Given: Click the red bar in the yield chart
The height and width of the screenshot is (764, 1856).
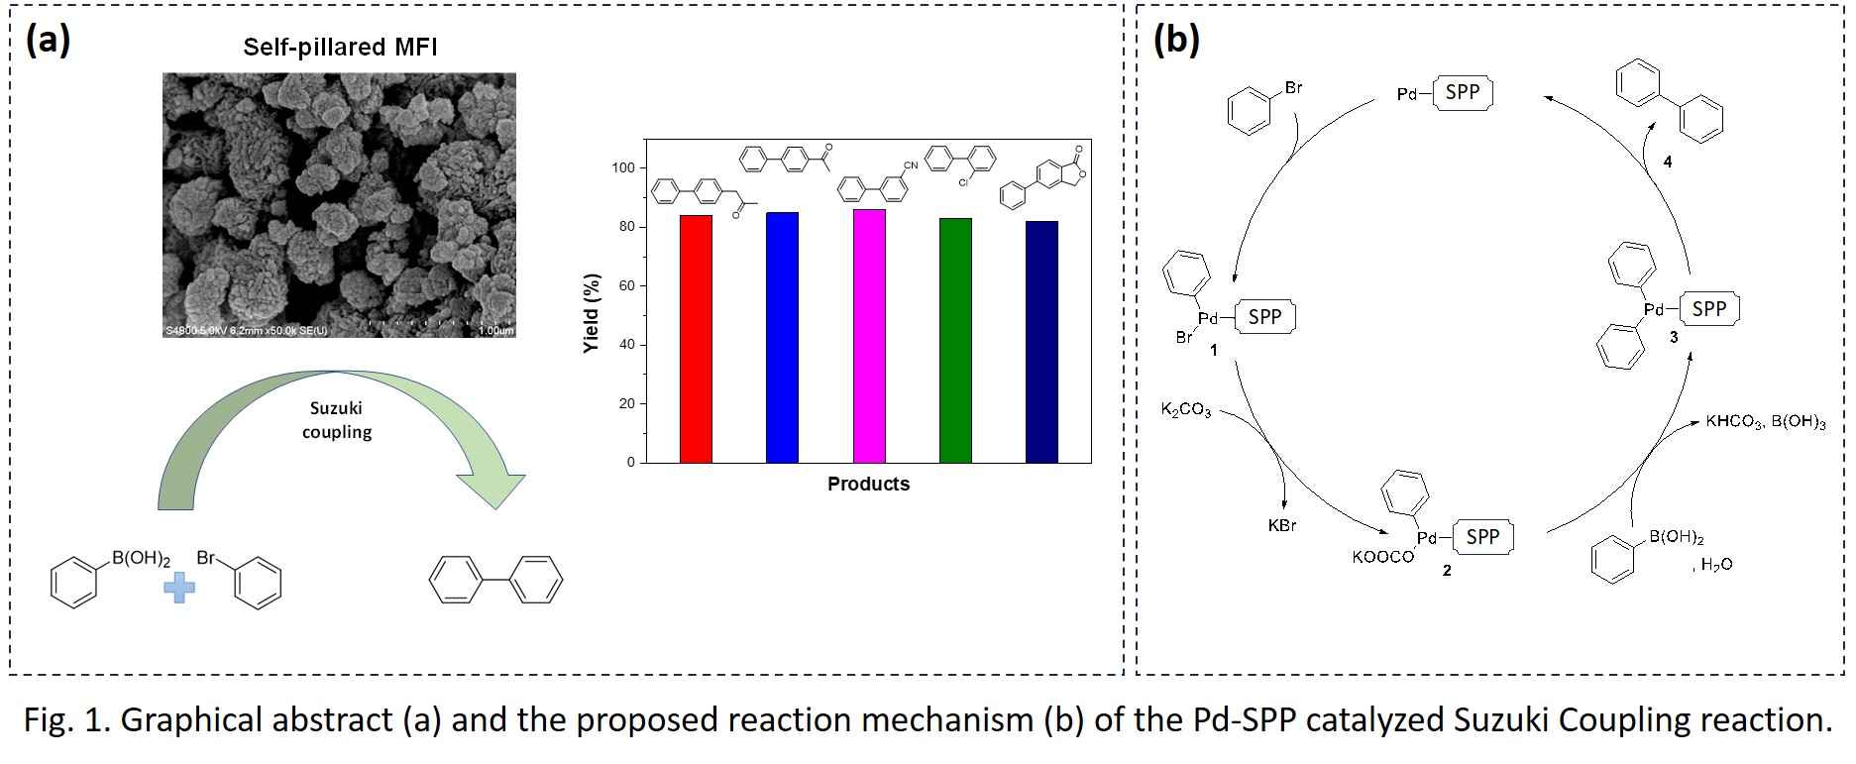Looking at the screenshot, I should pos(696,339).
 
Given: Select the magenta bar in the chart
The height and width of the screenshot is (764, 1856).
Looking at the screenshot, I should pos(869,336).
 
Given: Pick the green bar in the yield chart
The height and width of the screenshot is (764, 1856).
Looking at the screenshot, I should pos(955,340).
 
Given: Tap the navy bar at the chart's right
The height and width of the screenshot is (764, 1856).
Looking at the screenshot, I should pos(1041,342).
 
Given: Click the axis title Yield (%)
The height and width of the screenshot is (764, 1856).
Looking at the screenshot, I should pos(592,313).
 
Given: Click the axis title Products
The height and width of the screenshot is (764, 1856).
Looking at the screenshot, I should pos(868,485).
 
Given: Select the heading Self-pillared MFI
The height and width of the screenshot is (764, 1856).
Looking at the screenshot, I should pos(340,47).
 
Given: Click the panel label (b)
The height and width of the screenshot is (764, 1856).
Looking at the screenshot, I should pos(1176,40).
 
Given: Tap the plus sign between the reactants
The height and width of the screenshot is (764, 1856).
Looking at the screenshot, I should pos(179,588).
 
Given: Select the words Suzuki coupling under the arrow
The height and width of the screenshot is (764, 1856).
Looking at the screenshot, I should pos(337,420).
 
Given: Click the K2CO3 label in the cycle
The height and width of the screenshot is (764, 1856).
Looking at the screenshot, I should pos(1186,409).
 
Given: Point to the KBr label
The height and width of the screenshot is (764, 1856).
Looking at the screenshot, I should pos(1282,525).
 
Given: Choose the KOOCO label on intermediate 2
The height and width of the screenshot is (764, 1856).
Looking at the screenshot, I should pos(1382,557).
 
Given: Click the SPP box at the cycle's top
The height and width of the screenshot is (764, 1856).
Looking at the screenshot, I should pos(1462,93).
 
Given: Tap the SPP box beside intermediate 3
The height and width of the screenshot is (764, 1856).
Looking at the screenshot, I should pos(1708,309).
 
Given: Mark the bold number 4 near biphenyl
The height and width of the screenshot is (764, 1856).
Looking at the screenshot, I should pos(1668,162).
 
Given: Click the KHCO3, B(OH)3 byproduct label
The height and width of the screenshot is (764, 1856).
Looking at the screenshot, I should pos(1765,422).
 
